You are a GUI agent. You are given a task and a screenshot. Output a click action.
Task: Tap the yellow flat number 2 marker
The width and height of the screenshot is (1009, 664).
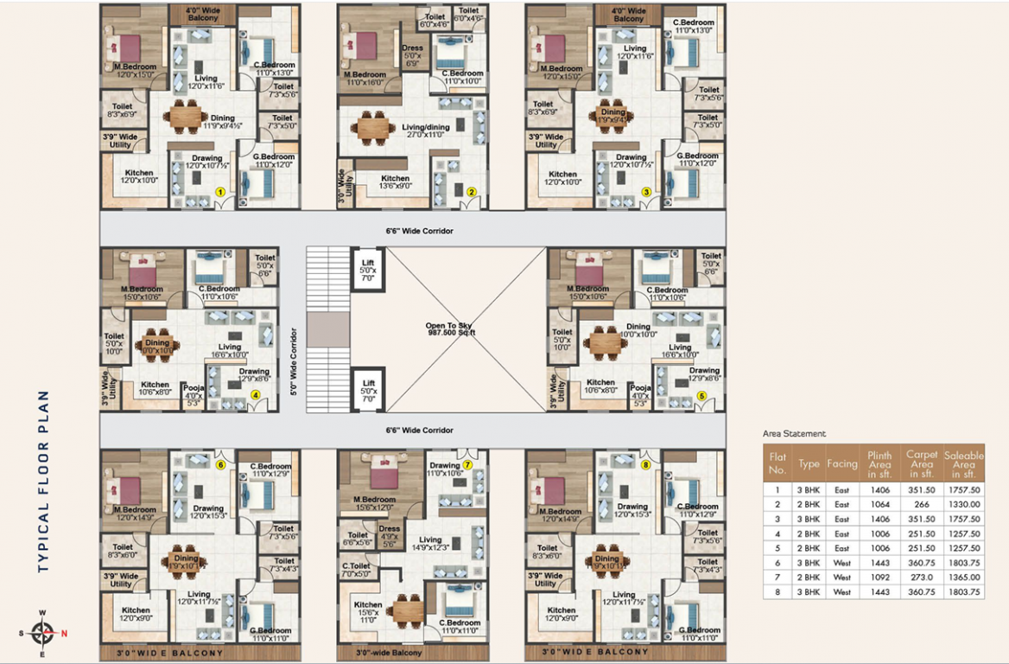tap(472, 192)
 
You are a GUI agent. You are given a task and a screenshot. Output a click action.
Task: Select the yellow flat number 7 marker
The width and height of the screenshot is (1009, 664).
tap(467, 464)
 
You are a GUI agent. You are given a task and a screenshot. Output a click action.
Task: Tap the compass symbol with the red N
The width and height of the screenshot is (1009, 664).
tap(42, 633)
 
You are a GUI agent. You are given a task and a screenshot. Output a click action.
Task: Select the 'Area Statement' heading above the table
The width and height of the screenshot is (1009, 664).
tap(794, 434)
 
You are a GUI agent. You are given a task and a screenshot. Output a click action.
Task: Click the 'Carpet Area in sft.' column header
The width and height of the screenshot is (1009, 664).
tap(922, 463)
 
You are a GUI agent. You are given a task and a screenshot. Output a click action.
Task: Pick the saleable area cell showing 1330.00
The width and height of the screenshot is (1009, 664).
tap(963, 504)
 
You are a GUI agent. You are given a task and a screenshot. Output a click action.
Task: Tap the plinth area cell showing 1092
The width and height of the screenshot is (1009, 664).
tap(879, 578)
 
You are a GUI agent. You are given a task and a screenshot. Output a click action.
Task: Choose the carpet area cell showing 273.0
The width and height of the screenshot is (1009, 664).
tap(922, 578)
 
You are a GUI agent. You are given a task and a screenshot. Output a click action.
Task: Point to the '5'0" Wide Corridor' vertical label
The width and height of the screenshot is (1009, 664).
tap(295, 361)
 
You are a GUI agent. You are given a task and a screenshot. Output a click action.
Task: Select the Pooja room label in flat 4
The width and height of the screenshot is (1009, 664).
tap(194, 393)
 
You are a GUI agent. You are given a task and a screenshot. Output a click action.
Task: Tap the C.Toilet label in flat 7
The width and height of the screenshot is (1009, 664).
tap(356, 570)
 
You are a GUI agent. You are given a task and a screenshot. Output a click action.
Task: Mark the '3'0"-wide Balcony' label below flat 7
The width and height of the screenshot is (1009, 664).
tap(389, 652)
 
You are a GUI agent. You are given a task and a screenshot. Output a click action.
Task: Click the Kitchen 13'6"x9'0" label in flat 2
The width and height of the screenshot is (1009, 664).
tap(396, 182)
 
